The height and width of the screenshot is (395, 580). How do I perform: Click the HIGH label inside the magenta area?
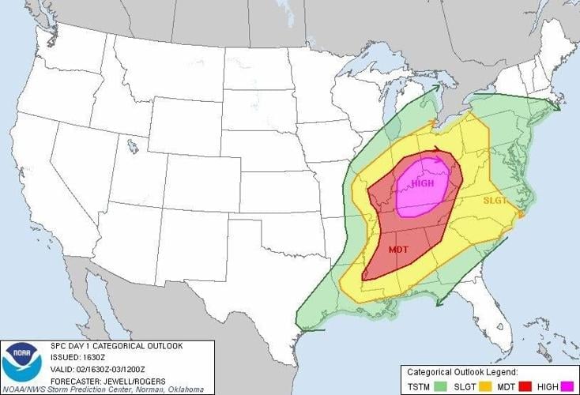point(423,183)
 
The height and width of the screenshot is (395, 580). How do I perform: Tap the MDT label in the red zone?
point(398,250)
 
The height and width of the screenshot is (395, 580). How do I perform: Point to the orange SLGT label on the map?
point(496,200)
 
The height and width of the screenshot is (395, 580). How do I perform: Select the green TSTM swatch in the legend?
point(437,386)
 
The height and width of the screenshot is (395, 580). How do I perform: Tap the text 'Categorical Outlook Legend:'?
point(462,371)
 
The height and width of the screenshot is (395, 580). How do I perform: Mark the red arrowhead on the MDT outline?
point(439,149)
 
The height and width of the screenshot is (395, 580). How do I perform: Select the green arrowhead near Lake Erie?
point(435,93)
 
